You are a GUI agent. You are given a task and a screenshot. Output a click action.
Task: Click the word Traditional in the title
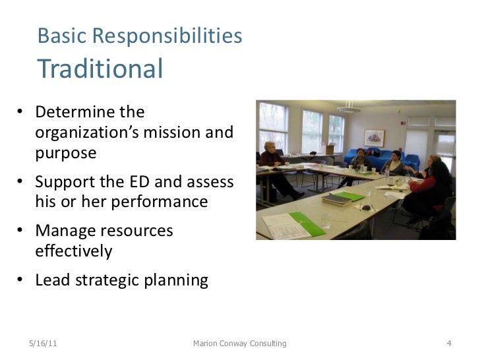pos(101,69)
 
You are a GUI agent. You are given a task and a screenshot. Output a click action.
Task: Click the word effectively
pos(74,251)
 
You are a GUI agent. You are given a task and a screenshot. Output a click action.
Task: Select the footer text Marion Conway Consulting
pos(239,343)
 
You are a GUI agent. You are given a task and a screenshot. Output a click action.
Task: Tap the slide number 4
pos(448,343)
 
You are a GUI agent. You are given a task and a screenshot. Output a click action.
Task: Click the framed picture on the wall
pos(374,138)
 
